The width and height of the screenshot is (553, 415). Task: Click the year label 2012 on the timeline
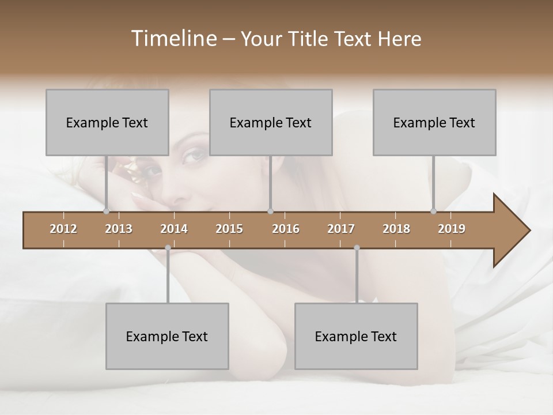63,229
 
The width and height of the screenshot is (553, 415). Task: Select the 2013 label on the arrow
119,229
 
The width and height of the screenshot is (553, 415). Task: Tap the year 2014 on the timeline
174,229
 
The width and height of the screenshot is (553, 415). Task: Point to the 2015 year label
229,229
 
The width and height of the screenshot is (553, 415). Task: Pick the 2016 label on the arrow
286,229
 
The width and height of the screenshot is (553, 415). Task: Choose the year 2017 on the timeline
341,229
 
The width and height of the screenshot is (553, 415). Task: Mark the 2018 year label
396,229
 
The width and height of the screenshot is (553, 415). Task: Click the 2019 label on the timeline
452,229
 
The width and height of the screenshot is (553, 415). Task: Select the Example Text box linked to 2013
107,122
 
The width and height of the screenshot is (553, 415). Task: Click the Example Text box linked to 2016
271,122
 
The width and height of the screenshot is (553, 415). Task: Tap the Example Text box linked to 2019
434,122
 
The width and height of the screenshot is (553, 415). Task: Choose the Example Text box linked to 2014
167,336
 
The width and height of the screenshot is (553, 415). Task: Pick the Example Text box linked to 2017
356,336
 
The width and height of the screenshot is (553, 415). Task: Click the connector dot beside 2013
106,211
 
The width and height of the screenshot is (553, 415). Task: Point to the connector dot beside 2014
168,248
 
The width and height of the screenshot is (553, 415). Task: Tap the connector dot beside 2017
357,248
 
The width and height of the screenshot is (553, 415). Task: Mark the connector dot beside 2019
433,211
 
